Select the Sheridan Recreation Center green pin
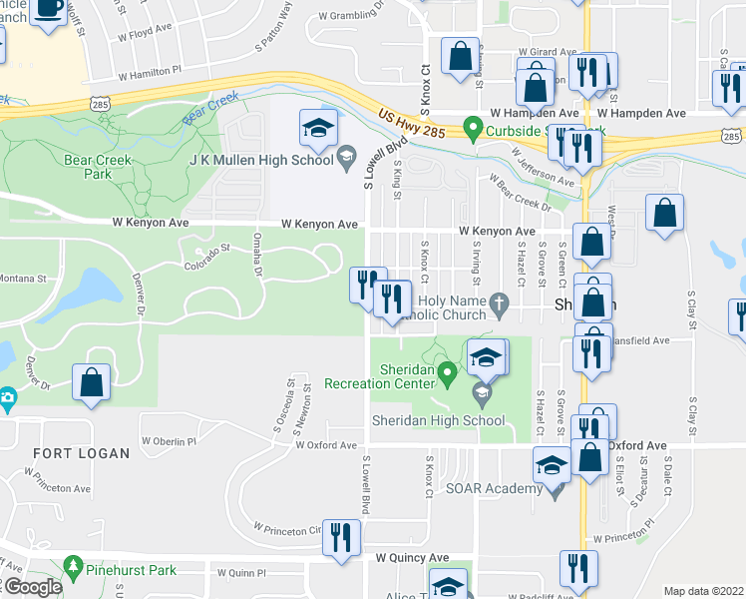point(448,375)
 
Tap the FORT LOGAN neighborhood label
point(82,453)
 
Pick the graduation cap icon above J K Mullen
point(317,126)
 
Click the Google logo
point(33,588)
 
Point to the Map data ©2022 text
point(702,591)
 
